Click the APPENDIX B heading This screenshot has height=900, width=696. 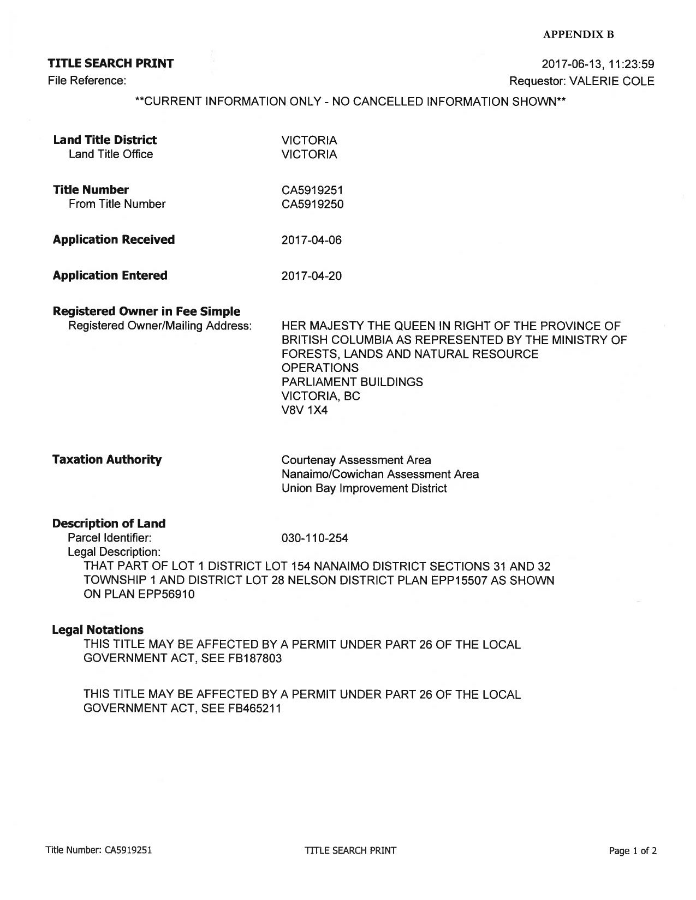pos(579,35)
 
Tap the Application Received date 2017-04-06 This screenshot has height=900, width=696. pos(311,240)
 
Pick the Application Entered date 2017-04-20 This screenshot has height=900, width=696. pos(311,276)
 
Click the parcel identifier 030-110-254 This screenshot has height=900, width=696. pos(314,538)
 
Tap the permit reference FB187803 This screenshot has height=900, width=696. pos(254,658)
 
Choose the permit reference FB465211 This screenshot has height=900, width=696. pos(254,709)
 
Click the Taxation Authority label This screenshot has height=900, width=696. pos(107,459)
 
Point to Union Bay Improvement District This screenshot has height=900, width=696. pos(364,488)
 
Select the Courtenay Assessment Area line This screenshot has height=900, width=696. pos(356,460)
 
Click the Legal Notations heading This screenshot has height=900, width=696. pos(98,630)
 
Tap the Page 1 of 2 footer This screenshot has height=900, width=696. pos(633,850)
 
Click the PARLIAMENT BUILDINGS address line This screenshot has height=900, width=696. pos(352,382)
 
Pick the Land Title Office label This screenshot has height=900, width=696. pos(111,154)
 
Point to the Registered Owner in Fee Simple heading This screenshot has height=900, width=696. pos(146,311)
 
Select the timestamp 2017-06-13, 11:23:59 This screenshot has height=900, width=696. pos(598,65)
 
